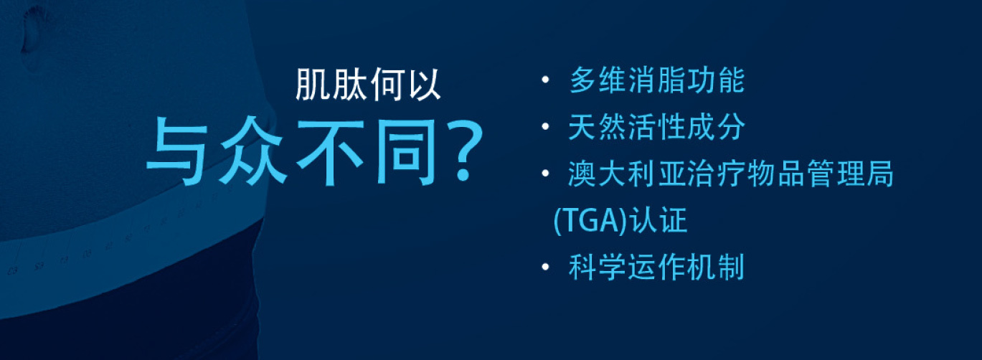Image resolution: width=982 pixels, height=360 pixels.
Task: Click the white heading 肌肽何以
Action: coord(368,84)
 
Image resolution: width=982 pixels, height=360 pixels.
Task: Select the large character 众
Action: coord(253,151)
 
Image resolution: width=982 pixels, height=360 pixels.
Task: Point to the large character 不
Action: coord(331,151)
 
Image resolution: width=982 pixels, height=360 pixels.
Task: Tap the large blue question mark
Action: coord(465,151)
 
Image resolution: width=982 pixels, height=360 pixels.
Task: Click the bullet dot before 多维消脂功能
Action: coord(545,80)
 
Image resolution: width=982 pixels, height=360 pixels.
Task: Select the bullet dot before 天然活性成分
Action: coord(545,127)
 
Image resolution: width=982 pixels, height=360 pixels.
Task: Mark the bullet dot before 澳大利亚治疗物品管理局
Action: coord(545,174)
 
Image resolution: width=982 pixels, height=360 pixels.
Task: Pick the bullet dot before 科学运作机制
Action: coord(545,267)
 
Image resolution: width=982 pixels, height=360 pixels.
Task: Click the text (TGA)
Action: coord(591,221)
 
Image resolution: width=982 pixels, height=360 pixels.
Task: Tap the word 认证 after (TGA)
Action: coord(658,219)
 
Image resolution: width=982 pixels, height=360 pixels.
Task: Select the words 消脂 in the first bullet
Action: coord(656,80)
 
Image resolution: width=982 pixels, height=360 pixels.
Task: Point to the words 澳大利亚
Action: coord(628,174)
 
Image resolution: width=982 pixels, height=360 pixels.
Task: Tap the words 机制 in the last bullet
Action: coord(715,267)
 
